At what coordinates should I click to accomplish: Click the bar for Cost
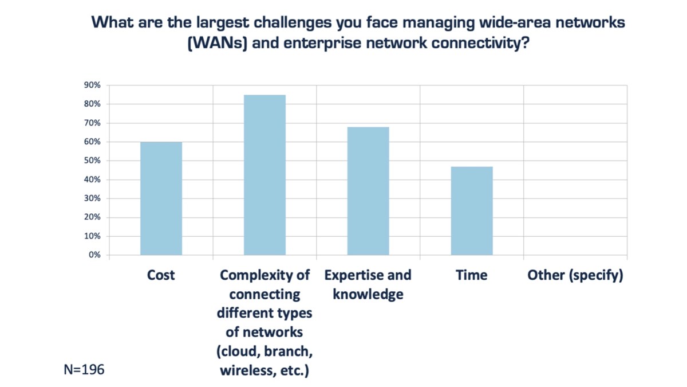[x=161, y=198]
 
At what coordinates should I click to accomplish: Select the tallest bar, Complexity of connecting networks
[x=264, y=175]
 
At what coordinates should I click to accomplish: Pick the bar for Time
[x=472, y=210]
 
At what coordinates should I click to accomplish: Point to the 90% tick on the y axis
[x=93, y=85]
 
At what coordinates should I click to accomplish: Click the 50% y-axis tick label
[x=93, y=161]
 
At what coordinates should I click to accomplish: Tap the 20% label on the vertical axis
[x=93, y=217]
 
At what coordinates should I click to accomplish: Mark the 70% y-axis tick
[x=93, y=123]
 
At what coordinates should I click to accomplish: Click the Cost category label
[x=161, y=276]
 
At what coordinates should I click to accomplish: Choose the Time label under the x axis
[x=472, y=276]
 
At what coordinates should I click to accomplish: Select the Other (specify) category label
[x=575, y=276]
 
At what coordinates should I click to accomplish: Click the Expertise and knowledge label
[x=368, y=285]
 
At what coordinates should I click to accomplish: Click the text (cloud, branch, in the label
[x=264, y=352]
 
